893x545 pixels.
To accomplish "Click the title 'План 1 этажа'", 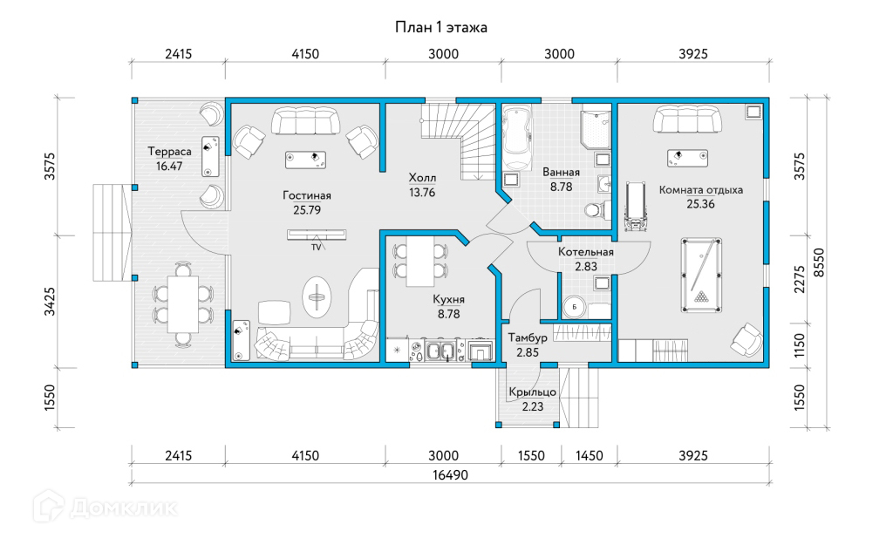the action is tap(440, 27).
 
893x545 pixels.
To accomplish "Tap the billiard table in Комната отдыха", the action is tap(701, 275).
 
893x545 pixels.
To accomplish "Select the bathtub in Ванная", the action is tap(517, 137).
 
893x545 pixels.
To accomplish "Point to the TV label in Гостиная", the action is tap(316, 247).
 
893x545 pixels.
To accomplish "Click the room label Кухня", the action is tap(449, 299).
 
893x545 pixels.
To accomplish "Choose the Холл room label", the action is tap(422, 178).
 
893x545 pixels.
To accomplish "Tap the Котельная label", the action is tap(585, 252).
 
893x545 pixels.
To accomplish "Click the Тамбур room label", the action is tap(528, 337).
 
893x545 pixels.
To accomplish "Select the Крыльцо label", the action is tap(533, 392).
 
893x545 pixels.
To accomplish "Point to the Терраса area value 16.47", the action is tap(169, 167).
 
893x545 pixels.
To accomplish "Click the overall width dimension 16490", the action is tap(450, 474).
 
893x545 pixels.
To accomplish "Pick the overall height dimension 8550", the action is tap(818, 262).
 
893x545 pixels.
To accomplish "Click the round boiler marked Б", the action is tap(574, 307).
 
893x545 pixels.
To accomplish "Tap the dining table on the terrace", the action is tap(183, 304).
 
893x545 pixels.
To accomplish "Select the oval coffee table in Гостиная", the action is tap(316, 296).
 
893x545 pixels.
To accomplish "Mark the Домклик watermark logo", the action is tap(105, 507).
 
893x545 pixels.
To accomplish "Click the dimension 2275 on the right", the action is tap(800, 280).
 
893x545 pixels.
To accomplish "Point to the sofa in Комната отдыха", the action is tap(687, 119).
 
